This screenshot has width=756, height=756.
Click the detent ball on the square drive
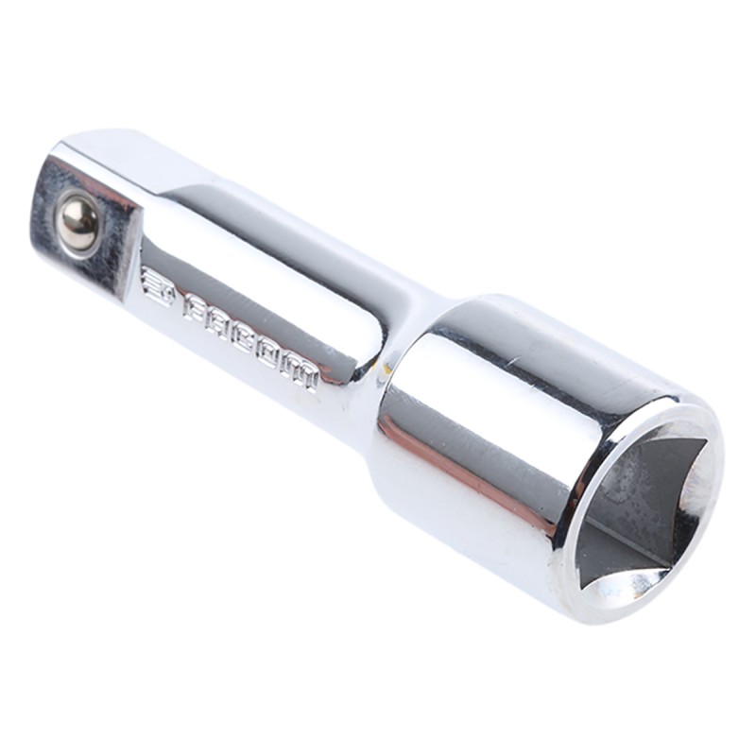[78, 221]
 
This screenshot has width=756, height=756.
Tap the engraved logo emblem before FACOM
[159, 289]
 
